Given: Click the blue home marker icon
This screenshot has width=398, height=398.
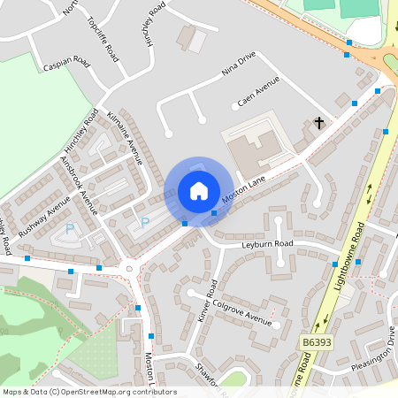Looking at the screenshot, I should pyautogui.click(x=199, y=191).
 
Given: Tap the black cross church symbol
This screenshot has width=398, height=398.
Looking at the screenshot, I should pyautogui.click(x=319, y=123).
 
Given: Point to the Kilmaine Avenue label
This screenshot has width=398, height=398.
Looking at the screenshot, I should pyautogui.click(x=124, y=138).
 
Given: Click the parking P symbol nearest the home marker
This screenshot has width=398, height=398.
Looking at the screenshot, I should pyautogui.click(x=145, y=222).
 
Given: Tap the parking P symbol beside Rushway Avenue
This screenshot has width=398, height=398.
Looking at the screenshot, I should pyautogui.click(x=70, y=229).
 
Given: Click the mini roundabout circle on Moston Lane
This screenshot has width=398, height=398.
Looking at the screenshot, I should pyautogui.click(x=130, y=268).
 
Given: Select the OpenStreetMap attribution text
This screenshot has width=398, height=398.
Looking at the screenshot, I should pyautogui.click(x=88, y=392).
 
